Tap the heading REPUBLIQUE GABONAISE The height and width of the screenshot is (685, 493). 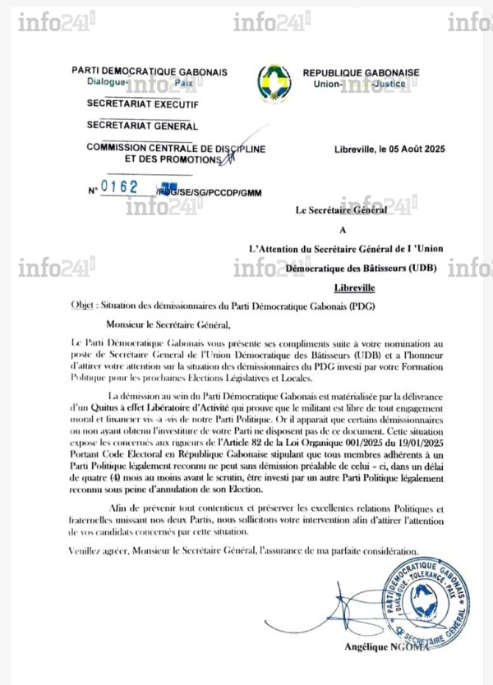[361, 72]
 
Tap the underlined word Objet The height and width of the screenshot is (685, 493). [83, 305]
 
